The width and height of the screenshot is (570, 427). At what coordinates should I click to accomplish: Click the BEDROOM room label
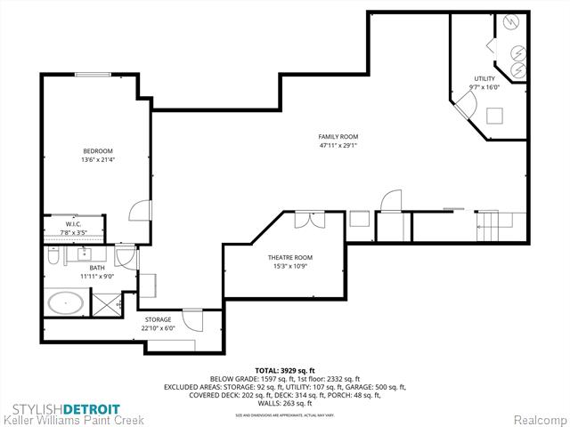point(98,150)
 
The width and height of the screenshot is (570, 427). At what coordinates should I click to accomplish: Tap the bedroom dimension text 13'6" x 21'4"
point(98,160)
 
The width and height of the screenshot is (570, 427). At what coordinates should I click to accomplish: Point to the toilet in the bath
point(54,256)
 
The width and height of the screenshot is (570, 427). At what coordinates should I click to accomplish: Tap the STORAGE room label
point(159,318)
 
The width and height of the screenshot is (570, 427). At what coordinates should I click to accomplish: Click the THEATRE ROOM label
point(291,258)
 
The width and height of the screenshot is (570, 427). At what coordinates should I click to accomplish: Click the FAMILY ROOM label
point(338,136)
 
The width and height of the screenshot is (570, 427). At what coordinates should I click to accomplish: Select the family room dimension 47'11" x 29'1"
point(338,146)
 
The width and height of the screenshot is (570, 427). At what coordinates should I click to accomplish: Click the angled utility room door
point(466,109)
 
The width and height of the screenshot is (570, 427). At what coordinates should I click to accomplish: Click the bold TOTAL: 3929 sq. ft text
point(285,368)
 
